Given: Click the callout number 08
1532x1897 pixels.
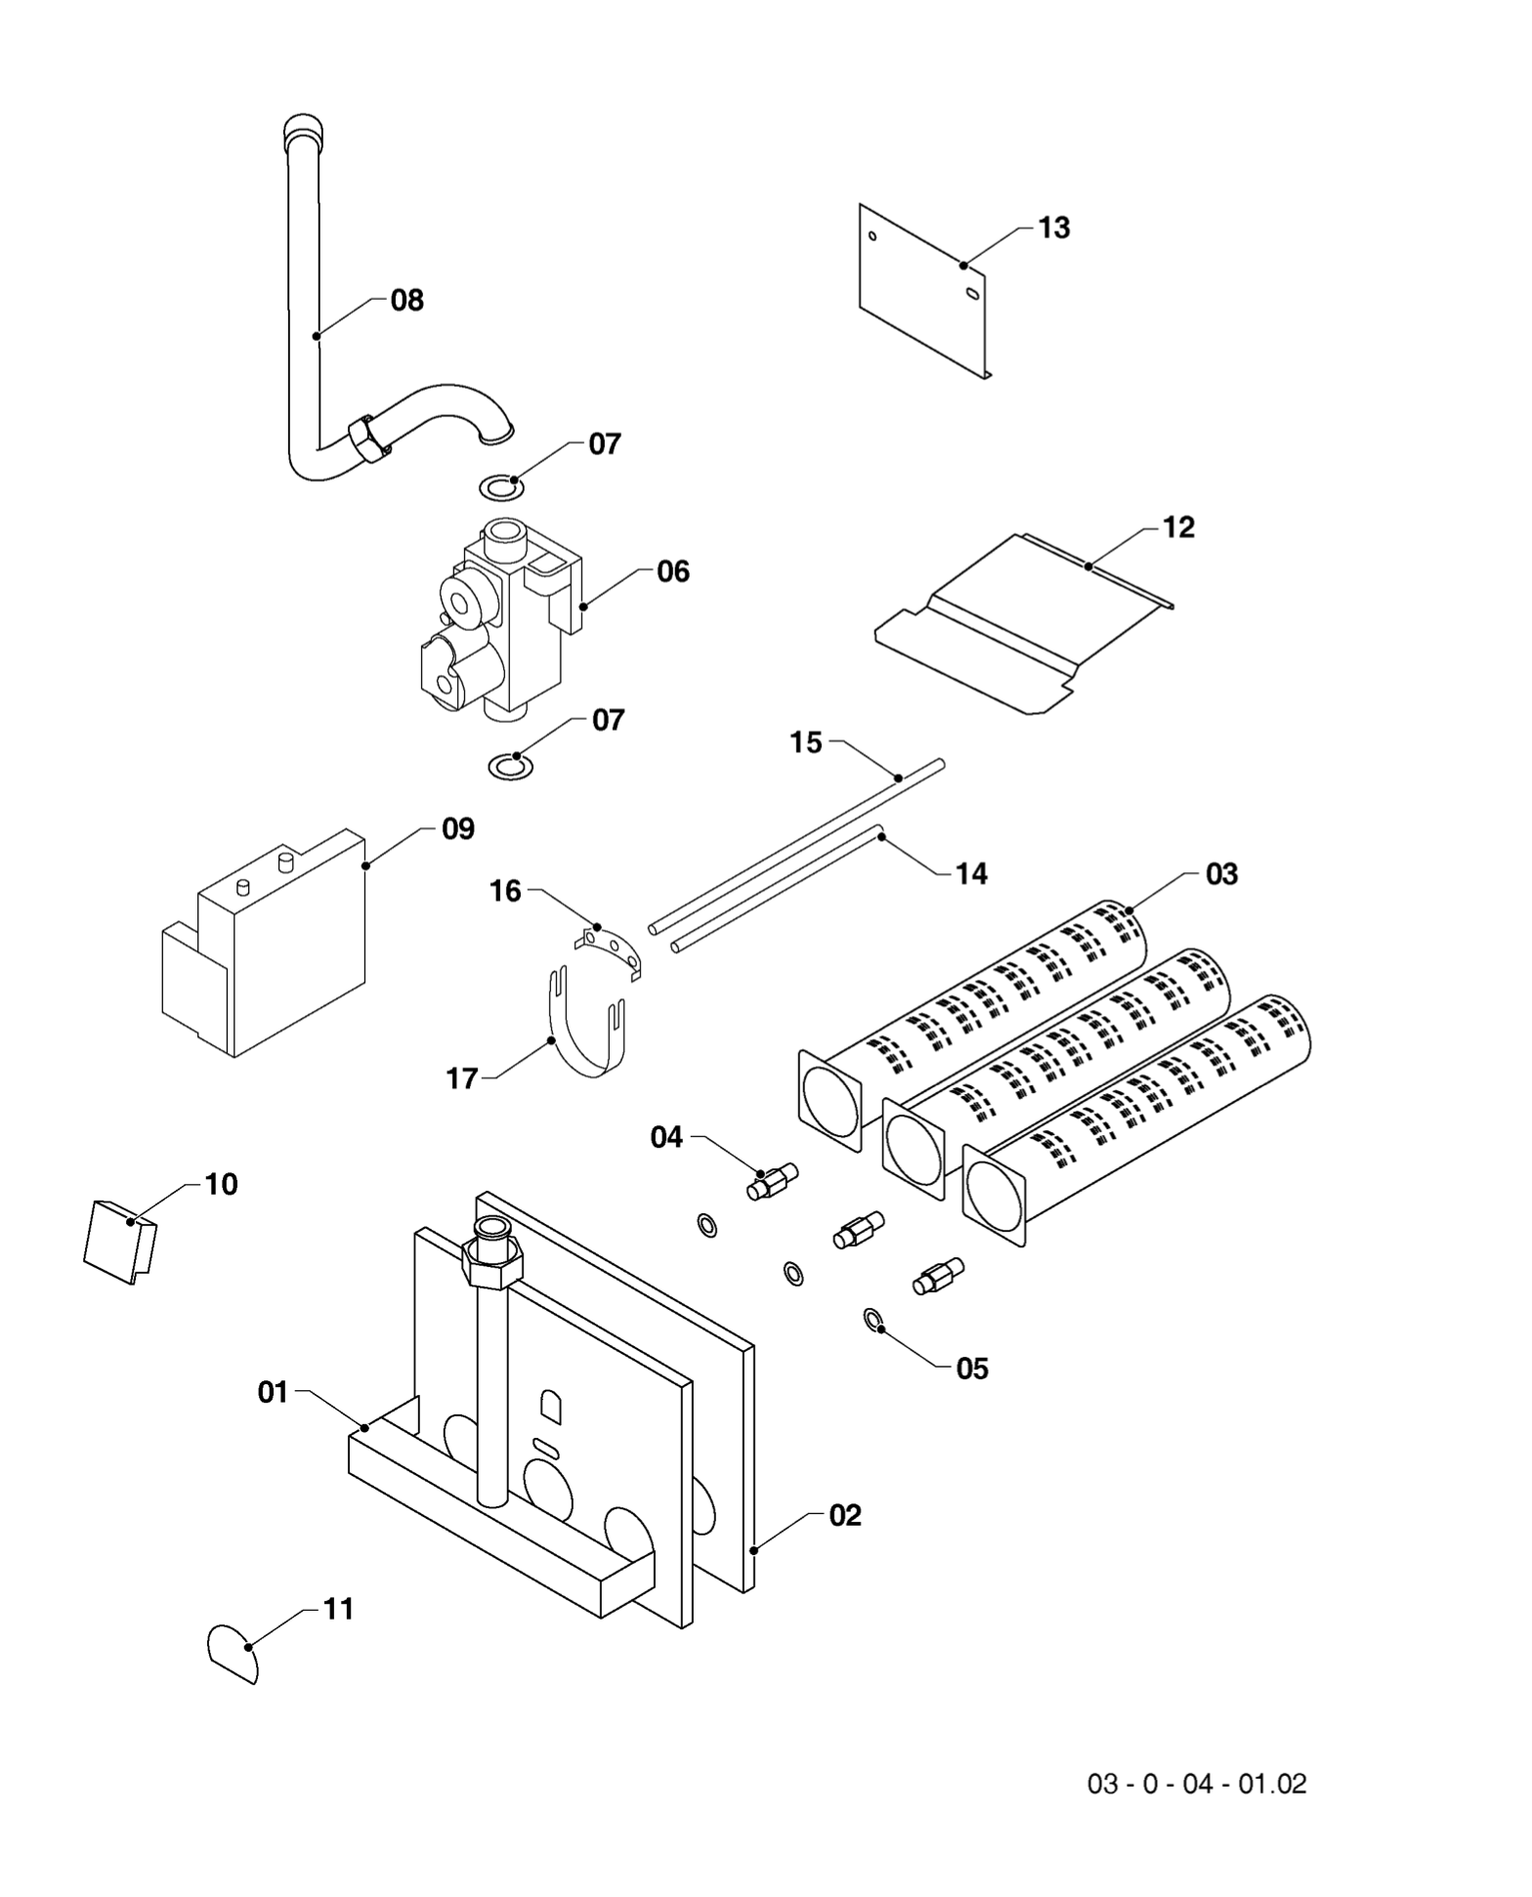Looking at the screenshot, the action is pyautogui.click(x=406, y=301).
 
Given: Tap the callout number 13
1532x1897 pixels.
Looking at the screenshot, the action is pyautogui.click(x=1053, y=228).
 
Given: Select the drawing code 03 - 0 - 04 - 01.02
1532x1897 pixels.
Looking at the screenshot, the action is pyautogui.click(x=1196, y=1784).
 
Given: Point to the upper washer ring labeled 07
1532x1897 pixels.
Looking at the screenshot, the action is pyautogui.click(x=500, y=485).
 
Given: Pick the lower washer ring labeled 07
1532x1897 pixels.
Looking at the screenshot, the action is pyautogui.click(x=510, y=767).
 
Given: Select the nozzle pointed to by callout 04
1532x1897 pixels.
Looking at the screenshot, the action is pyautogui.click(x=772, y=1181).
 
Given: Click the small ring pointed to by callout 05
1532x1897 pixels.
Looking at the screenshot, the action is pyautogui.click(x=871, y=1321).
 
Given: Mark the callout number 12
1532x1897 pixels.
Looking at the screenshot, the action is pyautogui.click(x=1178, y=527).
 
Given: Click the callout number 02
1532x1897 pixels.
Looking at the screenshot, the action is pyautogui.click(x=845, y=1515).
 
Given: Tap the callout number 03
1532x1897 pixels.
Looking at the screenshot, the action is pyautogui.click(x=1221, y=873).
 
